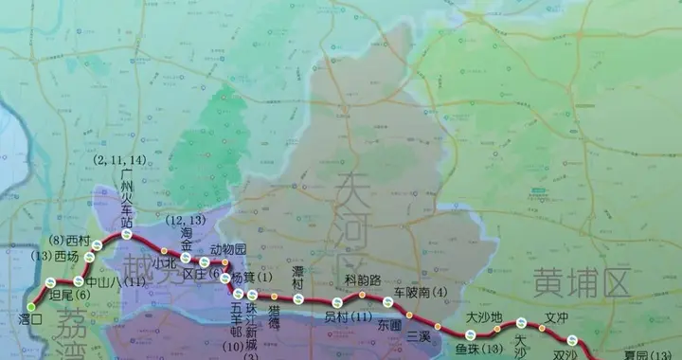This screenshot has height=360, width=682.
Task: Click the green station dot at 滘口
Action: click(31, 307)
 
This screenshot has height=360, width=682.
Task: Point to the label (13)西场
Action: click(55, 256)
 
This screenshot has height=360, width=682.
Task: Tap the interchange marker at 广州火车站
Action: click(126, 234)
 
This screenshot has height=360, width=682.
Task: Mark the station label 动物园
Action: click(227, 250)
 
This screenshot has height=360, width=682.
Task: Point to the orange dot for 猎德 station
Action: click(274, 297)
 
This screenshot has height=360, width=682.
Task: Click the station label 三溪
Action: click(419, 336)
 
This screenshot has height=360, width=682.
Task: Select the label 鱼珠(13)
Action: click(477, 351)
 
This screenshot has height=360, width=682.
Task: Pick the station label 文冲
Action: click(557, 318)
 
